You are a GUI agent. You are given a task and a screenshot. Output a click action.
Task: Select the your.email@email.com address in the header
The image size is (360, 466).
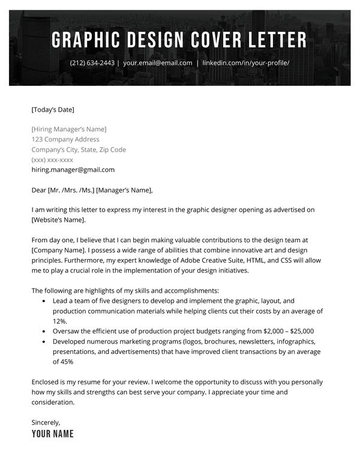(158, 63)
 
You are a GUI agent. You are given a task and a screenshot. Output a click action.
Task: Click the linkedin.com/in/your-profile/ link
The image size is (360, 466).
(246, 63)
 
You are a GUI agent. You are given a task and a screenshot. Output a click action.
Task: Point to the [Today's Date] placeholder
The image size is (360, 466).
(53, 109)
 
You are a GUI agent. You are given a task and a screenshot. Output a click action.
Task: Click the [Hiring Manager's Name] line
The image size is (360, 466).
(69, 129)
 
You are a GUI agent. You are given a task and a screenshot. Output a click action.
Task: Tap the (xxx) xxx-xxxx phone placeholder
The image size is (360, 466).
(52, 160)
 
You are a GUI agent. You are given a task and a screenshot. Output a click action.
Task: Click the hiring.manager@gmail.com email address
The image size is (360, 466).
(73, 170)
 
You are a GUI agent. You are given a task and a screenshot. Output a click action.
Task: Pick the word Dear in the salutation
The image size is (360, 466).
(38, 190)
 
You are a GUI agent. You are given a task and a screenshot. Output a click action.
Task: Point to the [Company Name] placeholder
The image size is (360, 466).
(59, 250)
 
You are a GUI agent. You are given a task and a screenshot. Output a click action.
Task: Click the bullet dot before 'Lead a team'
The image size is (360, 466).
(44, 301)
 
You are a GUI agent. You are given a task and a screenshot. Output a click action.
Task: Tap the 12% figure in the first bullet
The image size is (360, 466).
(59, 321)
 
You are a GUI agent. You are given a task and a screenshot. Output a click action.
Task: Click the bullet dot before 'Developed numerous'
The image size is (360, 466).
(44, 341)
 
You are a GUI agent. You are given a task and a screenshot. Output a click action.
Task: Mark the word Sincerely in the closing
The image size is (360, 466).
(46, 422)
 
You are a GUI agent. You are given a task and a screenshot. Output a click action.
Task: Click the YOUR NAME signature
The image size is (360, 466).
(53, 434)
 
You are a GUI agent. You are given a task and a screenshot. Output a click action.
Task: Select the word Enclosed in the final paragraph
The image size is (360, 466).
(46, 381)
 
